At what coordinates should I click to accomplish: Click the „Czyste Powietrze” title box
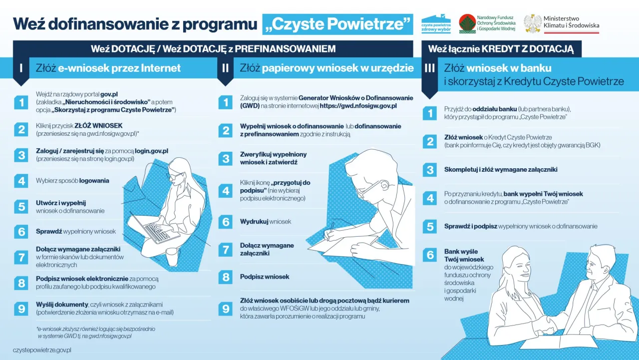[x=337, y=24]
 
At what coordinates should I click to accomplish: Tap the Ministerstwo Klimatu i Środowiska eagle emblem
[x=532, y=23]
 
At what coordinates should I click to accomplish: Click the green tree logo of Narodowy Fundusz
[x=467, y=23]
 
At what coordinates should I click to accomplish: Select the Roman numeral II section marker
[x=225, y=67]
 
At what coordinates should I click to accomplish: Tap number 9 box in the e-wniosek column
[x=21, y=309]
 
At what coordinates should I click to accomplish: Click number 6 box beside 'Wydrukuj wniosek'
[x=226, y=222]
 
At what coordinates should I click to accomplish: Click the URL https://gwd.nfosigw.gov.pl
[x=358, y=106]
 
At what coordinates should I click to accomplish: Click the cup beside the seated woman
[x=172, y=257]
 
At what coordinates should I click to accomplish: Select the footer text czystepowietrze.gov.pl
[x=42, y=351]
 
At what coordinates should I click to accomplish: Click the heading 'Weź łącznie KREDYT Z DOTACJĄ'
[x=501, y=49]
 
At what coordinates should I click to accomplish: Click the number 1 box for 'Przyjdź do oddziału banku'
[x=429, y=113]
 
